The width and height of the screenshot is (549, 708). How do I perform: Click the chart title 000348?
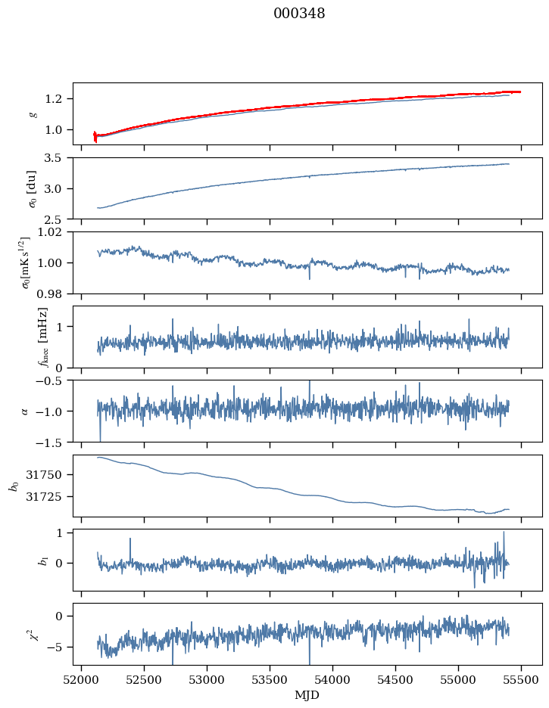(x=299, y=14)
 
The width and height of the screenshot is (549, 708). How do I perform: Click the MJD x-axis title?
(x=307, y=694)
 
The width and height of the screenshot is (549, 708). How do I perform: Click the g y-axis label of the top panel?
(x=33, y=114)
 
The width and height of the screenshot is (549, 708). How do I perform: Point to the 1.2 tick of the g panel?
(x=59, y=99)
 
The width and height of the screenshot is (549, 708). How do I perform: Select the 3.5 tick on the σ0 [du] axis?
(x=59, y=157)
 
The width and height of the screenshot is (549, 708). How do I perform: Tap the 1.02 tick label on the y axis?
(x=55, y=231)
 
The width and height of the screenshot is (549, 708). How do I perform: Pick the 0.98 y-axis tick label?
(x=55, y=293)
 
